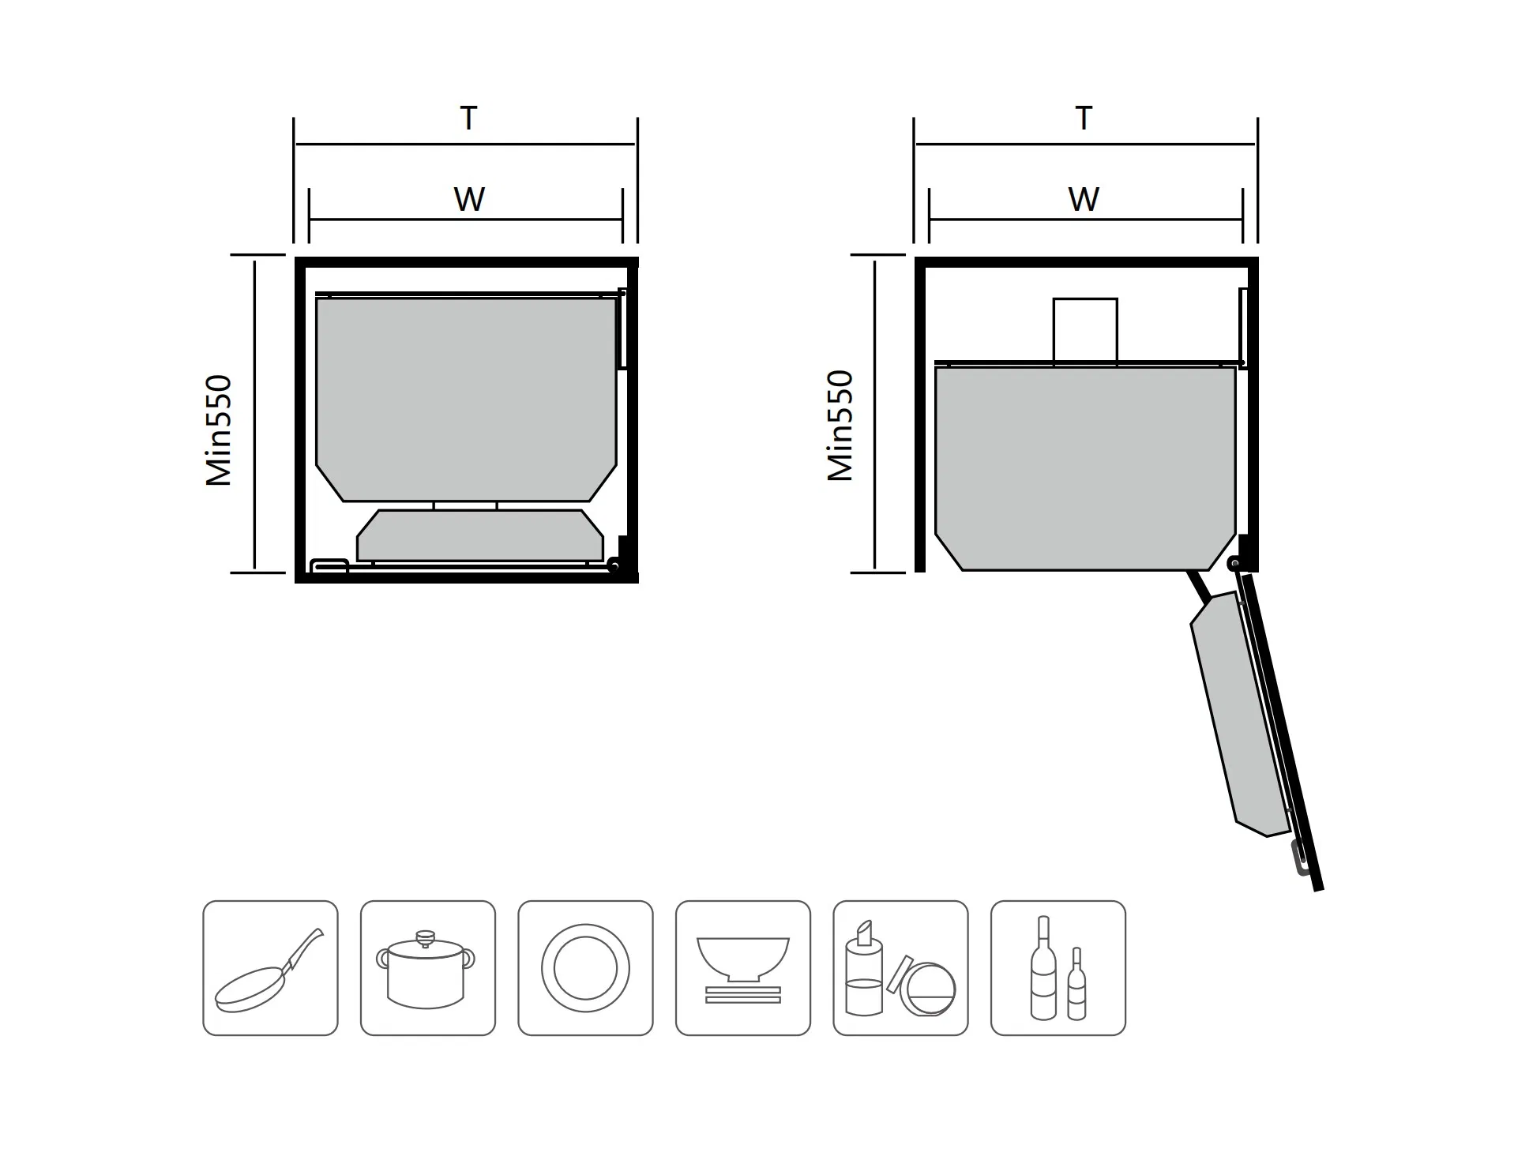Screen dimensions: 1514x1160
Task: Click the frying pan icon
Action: coord(270,968)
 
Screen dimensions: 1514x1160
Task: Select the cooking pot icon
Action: coord(427,968)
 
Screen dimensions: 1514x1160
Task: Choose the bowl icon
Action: coord(742,968)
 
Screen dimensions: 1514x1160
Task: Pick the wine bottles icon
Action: coord(1058,968)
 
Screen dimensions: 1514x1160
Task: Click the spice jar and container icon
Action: coord(900,968)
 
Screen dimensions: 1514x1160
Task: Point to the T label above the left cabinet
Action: coord(468,118)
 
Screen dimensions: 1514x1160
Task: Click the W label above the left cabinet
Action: coord(469,199)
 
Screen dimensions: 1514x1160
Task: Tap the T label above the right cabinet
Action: coord(1084,118)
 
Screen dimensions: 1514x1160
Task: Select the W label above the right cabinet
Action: coord(1084,199)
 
